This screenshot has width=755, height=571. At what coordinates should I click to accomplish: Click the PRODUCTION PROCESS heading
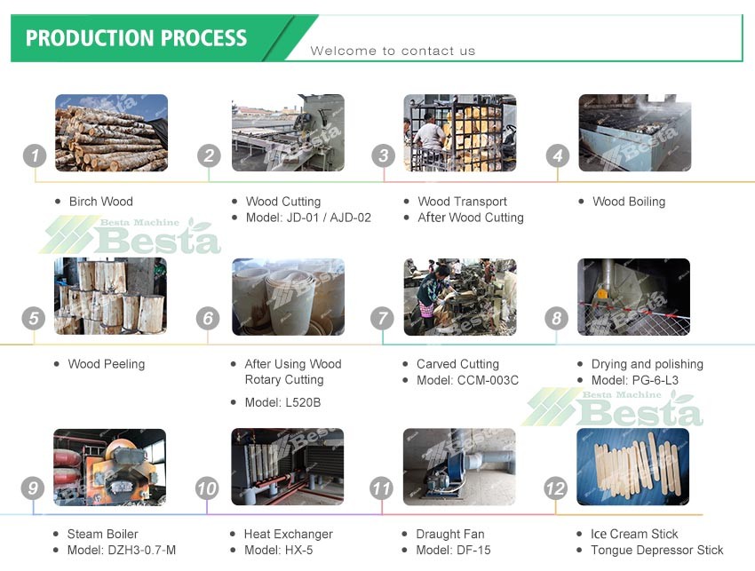(136, 38)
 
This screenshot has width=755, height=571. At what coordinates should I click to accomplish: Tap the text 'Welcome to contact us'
(393, 51)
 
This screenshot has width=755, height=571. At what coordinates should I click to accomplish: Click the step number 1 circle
(35, 156)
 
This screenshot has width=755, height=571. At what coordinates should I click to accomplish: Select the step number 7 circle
(382, 318)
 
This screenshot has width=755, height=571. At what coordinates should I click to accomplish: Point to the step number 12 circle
(555, 488)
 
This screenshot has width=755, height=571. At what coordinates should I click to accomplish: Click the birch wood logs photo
(112, 133)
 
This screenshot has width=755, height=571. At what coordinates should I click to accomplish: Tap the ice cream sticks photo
(632, 466)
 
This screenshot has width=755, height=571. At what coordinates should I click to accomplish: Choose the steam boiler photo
(110, 467)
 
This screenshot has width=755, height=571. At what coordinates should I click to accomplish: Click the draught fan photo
(459, 466)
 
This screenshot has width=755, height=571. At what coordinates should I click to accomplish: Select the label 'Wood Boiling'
(629, 202)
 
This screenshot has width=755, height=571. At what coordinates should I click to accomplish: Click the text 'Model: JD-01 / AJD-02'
(308, 218)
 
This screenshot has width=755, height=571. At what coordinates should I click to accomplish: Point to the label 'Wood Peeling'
(107, 364)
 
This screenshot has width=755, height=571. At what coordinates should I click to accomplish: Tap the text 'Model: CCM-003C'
(467, 380)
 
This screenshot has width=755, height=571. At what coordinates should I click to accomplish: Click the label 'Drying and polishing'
(648, 364)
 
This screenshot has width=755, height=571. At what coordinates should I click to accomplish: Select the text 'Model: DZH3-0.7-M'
(122, 550)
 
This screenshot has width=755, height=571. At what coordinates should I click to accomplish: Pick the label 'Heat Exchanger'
(289, 534)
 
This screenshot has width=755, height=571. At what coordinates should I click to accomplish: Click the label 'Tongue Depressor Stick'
(656, 550)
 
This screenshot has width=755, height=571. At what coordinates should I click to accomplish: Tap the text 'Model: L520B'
(282, 402)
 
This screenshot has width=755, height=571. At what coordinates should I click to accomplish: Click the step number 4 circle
(558, 156)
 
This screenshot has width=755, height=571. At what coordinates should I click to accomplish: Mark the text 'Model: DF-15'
(453, 550)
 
